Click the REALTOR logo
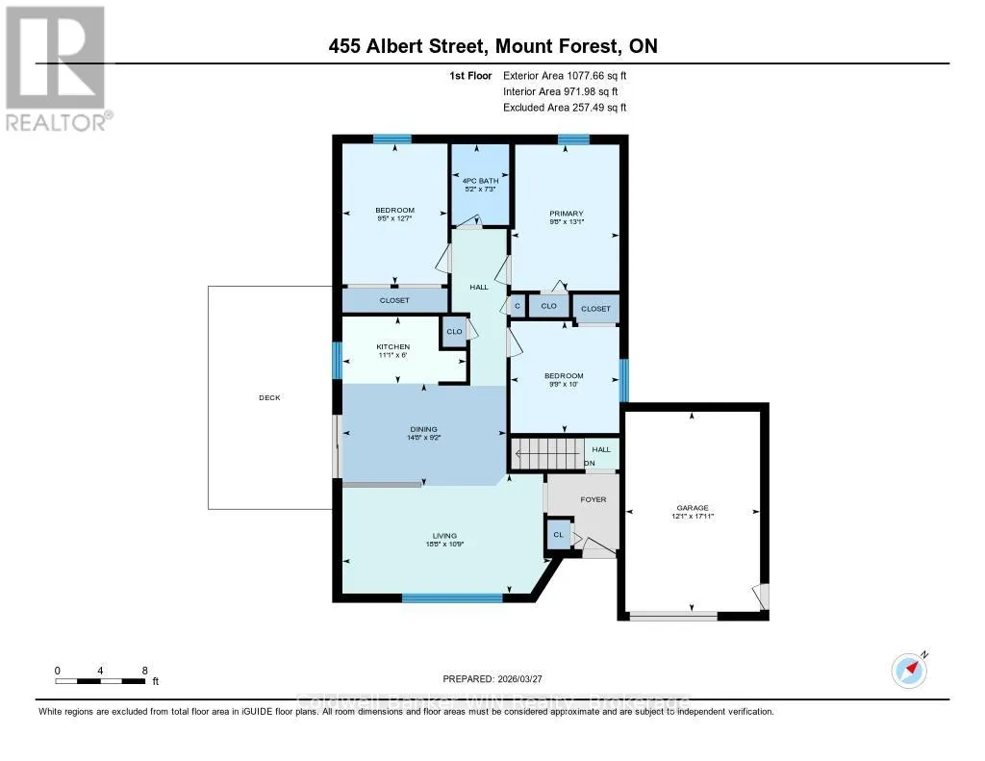(56, 67)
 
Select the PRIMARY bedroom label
(567, 215)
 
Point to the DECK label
(269, 397)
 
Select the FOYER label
(593, 499)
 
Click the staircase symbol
(547, 454)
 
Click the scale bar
(101, 681)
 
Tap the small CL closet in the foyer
(558, 534)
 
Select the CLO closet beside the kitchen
(454, 332)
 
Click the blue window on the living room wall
(452, 597)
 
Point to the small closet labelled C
(518, 306)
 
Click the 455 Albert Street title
(492, 46)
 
